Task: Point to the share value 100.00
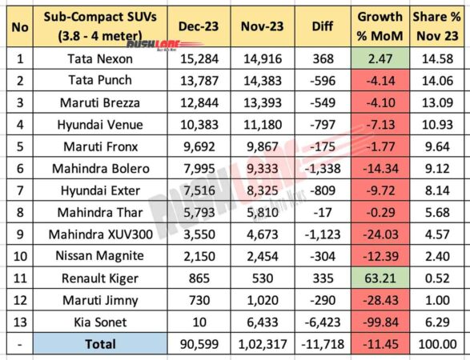click(436, 344)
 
